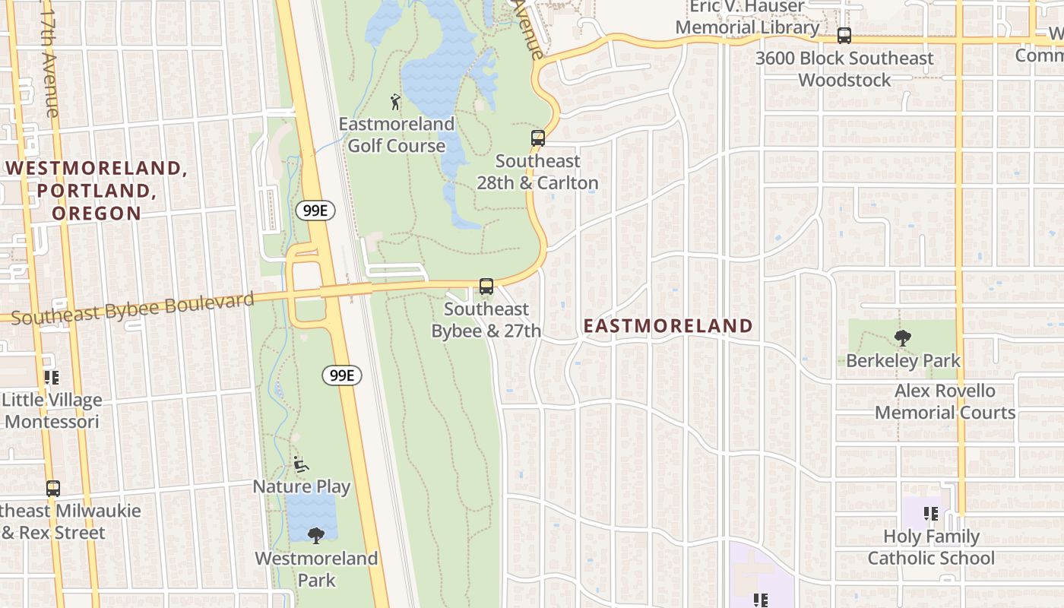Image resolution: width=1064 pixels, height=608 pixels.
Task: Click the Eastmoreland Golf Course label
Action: [x=396, y=135]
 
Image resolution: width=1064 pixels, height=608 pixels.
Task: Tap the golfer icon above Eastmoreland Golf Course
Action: [x=395, y=101]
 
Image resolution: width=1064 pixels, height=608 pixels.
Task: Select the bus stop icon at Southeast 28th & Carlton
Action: [x=537, y=138]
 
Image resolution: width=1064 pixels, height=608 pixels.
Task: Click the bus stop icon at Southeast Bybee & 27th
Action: [x=486, y=287]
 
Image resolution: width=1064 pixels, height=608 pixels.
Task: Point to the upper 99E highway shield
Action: [x=315, y=211]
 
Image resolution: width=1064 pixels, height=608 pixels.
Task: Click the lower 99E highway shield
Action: [x=342, y=375]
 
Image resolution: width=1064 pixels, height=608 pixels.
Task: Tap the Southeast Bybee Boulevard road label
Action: [x=132, y=307]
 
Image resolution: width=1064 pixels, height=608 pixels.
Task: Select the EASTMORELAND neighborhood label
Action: [x=668, y=326]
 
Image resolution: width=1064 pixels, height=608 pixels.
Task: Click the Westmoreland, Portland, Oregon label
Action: [x=97, y=190]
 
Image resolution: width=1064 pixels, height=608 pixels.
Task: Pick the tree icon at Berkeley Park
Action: [x=903, y=338]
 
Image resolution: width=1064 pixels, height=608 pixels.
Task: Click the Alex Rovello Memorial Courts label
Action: [x=945, y=402]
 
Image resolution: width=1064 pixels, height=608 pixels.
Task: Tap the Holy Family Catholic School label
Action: [x=931, y=547]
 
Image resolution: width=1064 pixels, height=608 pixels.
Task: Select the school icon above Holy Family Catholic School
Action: [x=931, y=514]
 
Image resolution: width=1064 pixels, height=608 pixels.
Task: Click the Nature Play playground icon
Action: [x=301, y=463]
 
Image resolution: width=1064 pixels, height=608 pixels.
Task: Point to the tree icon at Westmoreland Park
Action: [x=316, y=535]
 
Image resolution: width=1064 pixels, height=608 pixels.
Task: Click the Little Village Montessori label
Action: [x=52, y=410]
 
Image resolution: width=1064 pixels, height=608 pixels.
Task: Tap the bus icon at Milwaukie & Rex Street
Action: [x=52, y=488]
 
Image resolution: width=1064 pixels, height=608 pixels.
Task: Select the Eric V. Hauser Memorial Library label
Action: [x=747, y=17]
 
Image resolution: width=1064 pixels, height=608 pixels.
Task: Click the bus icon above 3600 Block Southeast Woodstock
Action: [x=844, y=35]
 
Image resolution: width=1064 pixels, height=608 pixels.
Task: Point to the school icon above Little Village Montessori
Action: [x=52, y=377]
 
